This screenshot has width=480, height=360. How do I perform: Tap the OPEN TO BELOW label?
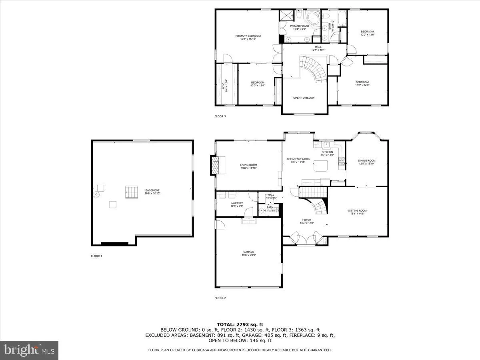click(x=304, y=98)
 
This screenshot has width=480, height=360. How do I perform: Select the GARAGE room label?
click(x=248, y=252)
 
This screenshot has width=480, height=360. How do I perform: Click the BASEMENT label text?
click(x=152, y=190)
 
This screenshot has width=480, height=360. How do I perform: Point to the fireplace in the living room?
click(x=216, y=165)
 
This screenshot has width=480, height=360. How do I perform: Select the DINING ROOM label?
click(x=366, y=161)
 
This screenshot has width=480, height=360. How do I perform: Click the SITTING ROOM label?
click(x=357, y=211)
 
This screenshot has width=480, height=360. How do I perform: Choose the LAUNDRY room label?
click(x=236, y=203)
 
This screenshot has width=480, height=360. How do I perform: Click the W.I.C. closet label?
click(x=224, y=85)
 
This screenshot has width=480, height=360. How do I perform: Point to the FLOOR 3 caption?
click(x=220, y=116)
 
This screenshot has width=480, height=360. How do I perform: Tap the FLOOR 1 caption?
click(x=96, y=256)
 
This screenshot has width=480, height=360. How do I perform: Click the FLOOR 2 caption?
click(x=220, y=298)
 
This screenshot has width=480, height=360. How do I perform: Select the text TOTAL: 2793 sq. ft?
click(x=240, y=324)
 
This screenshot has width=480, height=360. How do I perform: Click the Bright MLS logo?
click(x=29, y=350)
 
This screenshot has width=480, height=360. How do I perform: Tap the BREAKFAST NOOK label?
click(x=298, y=159)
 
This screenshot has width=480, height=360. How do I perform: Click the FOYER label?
click(x=306, y=220)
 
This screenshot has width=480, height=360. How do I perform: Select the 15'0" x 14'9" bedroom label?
click(x=362, y=82)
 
